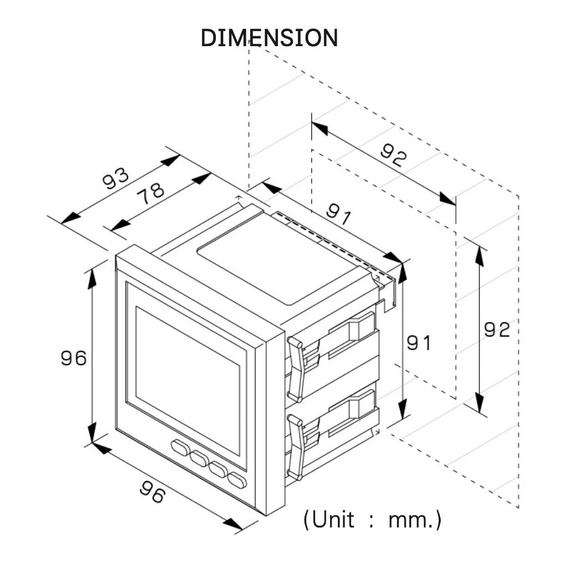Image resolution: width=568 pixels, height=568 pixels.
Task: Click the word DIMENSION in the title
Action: coord(269,38)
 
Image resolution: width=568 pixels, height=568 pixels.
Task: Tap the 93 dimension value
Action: coord(115,178)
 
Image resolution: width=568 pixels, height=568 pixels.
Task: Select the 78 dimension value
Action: coord(150,193)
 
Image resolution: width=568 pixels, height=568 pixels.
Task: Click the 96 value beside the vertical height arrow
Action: coord(74,358)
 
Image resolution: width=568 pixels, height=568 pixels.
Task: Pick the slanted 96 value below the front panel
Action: coord(153,491)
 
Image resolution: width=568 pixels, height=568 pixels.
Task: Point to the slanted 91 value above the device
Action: coord(339,214)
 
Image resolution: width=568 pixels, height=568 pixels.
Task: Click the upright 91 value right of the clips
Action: coord(419,343)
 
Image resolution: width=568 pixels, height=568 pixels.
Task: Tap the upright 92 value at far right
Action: coord(496,329)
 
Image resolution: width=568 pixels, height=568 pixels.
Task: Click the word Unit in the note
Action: coord(333,520)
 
